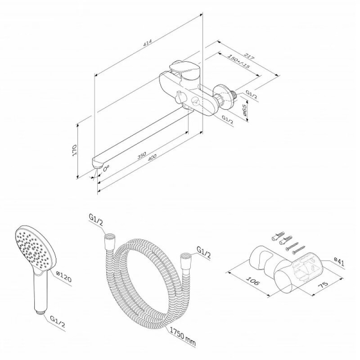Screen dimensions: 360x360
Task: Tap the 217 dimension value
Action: (x=249, y=57)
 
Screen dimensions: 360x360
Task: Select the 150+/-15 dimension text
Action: (x=238, y=61)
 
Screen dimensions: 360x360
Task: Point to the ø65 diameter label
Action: (x=244, y=110)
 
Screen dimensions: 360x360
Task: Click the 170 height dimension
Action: (x=74, y=150)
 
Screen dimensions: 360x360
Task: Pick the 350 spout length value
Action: (x=141, y=156)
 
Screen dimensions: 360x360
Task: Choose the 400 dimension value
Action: (x=152, y=157)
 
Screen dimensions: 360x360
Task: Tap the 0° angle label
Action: (x=106, y=168)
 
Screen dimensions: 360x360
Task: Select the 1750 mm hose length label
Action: (x=183, y=336)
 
